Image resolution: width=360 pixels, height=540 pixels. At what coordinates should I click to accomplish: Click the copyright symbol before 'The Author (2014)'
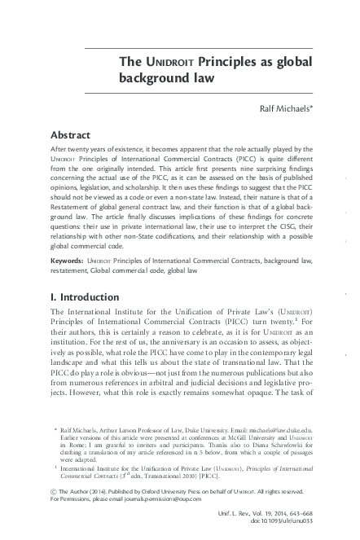(55, 487)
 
